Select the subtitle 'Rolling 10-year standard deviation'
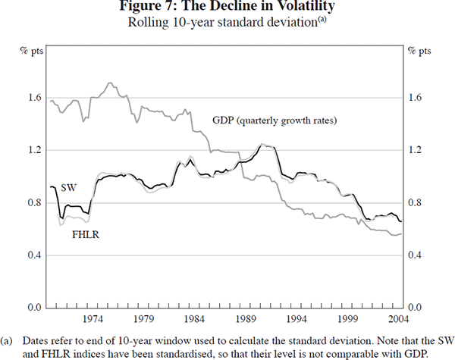click(221, 22)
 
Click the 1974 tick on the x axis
click(94, 319)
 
